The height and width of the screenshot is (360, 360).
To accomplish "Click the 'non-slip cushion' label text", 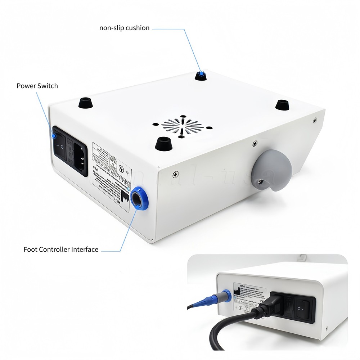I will (x=124, y=28).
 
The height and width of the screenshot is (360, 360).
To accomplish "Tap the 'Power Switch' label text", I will (x=37, y=86).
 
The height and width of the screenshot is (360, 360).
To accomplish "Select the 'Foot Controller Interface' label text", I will (x=61, y=249).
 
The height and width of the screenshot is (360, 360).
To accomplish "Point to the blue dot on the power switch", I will (x=54, y=136).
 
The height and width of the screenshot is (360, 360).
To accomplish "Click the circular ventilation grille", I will (x=182, y=126).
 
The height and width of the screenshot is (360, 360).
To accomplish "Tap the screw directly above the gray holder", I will (x=255, y=143).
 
